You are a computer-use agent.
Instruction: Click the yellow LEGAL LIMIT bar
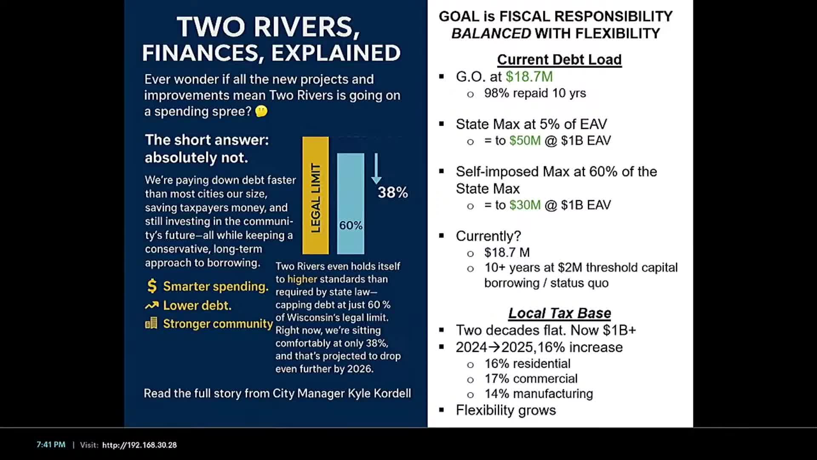coord(315,195)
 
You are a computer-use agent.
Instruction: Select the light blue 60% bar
coord(351,204)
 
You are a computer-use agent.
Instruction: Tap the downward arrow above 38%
coord(376,169)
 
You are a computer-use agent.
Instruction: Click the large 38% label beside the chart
coord(393,193)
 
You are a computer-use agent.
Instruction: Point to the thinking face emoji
coord(261,112)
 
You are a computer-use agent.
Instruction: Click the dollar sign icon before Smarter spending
coord(152,286)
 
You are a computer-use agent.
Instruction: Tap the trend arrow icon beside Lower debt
coord(151,305)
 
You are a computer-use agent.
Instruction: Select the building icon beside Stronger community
coord(151,323)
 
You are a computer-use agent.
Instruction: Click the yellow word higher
coord(302,279)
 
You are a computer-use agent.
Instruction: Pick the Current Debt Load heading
coord(559,60)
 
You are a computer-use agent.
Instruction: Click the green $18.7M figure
coord(529,77)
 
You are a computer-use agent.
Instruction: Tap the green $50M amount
coord(525,141)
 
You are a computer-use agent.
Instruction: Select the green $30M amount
coord(525,205)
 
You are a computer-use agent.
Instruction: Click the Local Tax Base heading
coord(560,313)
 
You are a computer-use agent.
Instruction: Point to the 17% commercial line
coord(531,379)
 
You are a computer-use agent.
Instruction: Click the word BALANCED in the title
coord(491,33)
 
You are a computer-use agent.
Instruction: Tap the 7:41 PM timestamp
coord(51,445)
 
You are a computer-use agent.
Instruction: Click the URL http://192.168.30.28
coord(139,445)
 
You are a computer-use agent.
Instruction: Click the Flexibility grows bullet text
coord(506,410)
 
